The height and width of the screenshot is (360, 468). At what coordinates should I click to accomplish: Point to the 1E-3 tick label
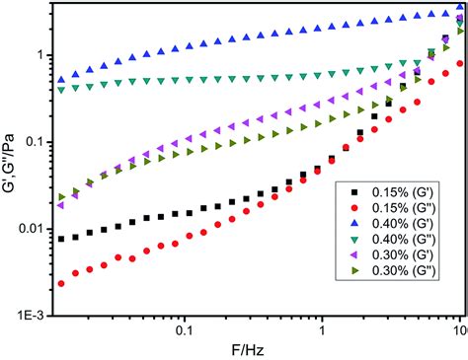click(x=35, y=316)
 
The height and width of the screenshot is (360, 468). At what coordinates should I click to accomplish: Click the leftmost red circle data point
click(x=62, y=283)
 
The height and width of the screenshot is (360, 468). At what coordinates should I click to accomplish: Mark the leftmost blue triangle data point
click(x=62, y=79)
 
